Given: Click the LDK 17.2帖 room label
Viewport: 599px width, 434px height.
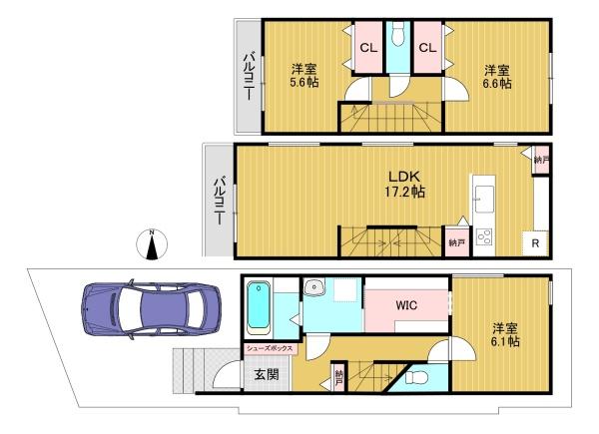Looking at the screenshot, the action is pyautogui.click(x=404, y=184).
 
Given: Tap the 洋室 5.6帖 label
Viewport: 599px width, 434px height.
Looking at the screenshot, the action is pyautogui.click(x=304, y=76).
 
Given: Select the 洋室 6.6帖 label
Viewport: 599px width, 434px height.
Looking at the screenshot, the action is pyautogui.click(x=497, y=77).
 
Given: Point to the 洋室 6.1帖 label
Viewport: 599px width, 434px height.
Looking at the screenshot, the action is pyautogui.click(x=505, y=334).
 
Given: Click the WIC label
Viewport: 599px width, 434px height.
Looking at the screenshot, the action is pyautogui.click(x=406, y=305).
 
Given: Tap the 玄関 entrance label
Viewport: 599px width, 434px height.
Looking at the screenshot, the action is pyautogui.click(x=267, y=374).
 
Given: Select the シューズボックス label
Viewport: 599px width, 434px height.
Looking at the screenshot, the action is pyautogui.click(x=270, y=348).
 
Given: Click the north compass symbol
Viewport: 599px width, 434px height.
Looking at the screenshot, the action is pyautogui.click(x=152, y=244).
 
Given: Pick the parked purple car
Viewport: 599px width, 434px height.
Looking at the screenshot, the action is pyautogui.click(x=152, y=309).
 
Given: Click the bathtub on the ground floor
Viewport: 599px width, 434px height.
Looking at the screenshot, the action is pyautogui.click(x=259, y=308).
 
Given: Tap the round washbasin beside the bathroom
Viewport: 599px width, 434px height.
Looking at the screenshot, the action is pyautogui.click(x=314, y=286).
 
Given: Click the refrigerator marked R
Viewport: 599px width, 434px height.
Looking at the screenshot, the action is pyautogui.click(x=535, y=243).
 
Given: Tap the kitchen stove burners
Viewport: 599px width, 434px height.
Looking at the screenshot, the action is pyautogui.click(x=484, y=236).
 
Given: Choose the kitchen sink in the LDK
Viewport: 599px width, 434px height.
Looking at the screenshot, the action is pyautogui.click(x=484, y=199).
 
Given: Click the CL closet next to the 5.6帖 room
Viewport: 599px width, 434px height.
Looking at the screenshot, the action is pyautogui.click(x=368, y=47).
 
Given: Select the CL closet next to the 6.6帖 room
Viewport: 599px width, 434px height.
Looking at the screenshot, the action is pyautogui.click(x=427, y=47).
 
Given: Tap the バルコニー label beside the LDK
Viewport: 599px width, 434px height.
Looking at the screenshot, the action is pyautogui.click(x=220, y=200).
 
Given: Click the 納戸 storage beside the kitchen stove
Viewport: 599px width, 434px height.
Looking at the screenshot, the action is pyautogui.click(x=457, y=242).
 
